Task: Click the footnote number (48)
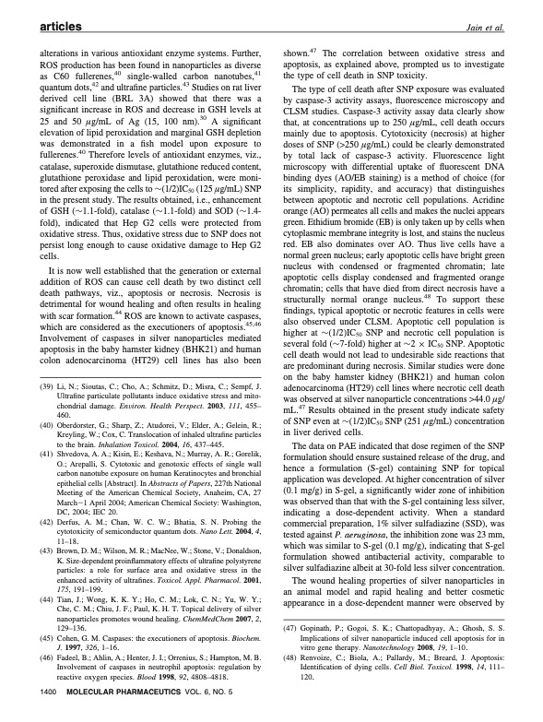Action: coord(290,675)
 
